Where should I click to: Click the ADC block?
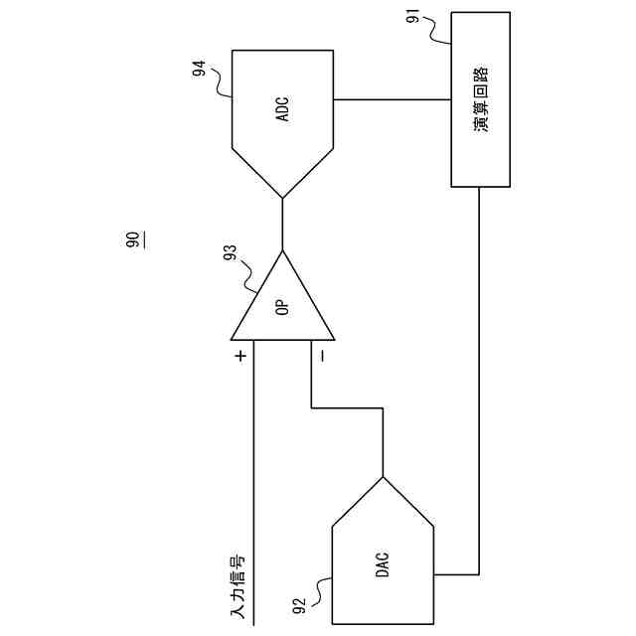click(283, 119)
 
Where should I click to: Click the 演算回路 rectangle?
click(482, 99)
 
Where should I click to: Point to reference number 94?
click(200, 70)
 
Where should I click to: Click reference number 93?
click(231, 260)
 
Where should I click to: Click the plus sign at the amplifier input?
click(239, 354)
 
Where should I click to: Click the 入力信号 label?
click(238, 588)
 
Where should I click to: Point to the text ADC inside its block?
click(283, 108)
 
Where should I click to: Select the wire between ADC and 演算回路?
click(393, 99)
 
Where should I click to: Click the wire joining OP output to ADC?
click(283, 224)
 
